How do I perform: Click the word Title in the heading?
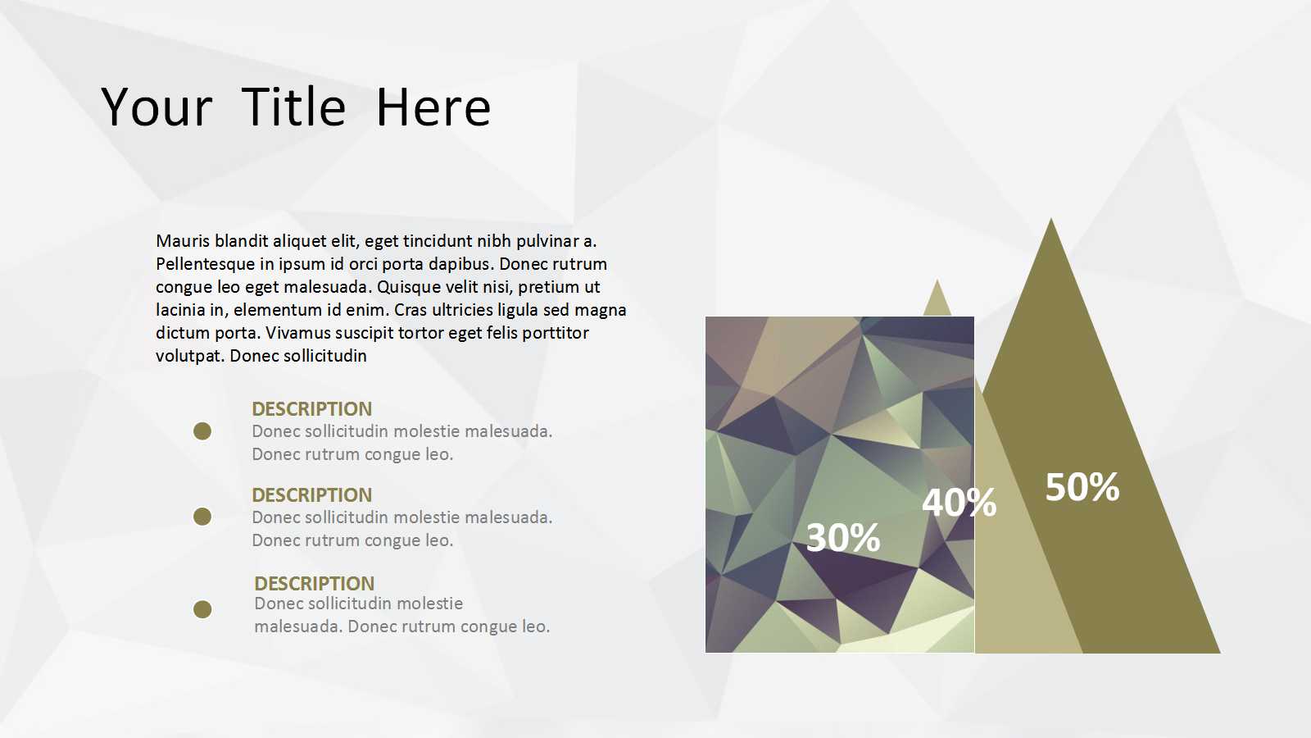(x=293, y=107)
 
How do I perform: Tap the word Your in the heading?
(x=157, y=107)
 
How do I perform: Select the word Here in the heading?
(x=433, y=107)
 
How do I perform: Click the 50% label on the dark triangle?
(x=1082, y=487)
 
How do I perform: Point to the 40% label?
(x=959, y=503)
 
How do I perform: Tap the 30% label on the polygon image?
(x=843, y=537)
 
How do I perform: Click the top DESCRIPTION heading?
(x=312, y=409)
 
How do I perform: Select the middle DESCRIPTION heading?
(x=312, y=495)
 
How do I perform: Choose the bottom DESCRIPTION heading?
(x=315, y=583)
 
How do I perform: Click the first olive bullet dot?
(x=202, y=431)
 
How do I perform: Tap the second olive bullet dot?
(x=202, y=517)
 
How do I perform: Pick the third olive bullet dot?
(x=202, y=610)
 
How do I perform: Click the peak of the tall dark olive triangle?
(x=1051, y=218)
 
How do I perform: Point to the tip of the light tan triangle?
(x=937, y=280)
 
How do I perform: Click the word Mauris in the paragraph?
(x=183, y=241)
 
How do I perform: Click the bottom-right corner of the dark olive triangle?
(x=1221, y=653)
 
